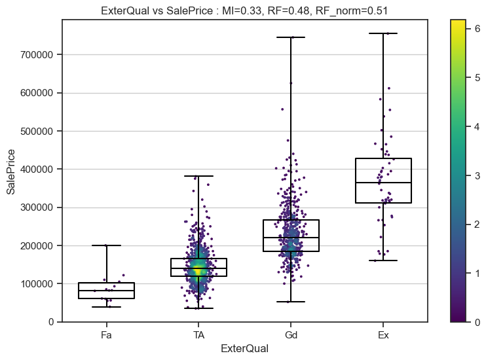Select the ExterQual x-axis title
[x=244, y=349]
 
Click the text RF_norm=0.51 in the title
[x=355, y=10]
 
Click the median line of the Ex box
[x=383, y=183]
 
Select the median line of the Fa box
[x=106, y=291]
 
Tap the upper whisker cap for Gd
[x=291, y=37]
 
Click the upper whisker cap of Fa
[x=106, y=245]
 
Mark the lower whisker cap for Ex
[x=383, y=261]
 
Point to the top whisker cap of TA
[x=198, y=176]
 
